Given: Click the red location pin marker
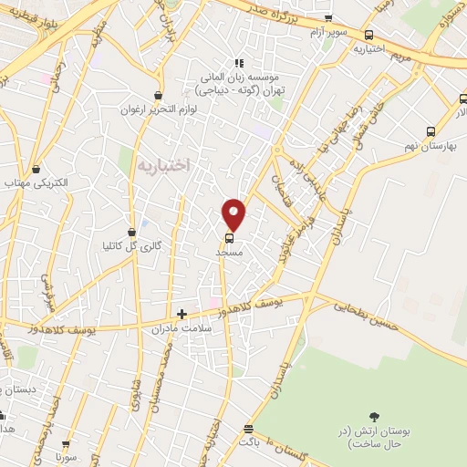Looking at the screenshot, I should [234, 213].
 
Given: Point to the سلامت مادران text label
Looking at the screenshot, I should [182, 327].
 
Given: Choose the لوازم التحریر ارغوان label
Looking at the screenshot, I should [157, 109].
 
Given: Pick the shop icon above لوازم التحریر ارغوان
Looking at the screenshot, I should [159, 94].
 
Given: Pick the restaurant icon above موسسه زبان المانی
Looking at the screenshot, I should [239, 63].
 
